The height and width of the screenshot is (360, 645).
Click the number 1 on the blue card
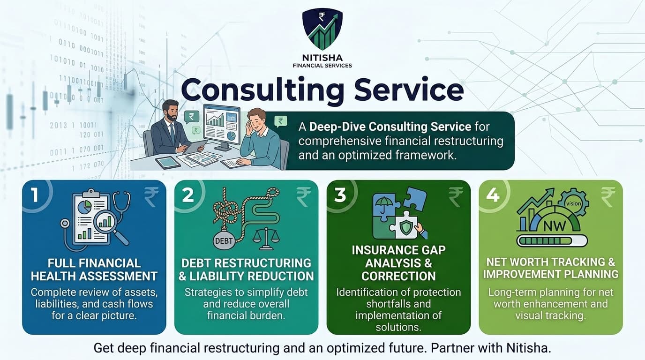click(35, 195)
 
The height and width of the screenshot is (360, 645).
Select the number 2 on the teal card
click(187, 195)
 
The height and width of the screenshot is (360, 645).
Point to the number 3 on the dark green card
click(340, 195)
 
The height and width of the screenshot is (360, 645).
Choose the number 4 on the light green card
click(492, 195)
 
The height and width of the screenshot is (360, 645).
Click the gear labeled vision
click(572, 203)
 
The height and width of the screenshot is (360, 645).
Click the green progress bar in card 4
click(551, 241)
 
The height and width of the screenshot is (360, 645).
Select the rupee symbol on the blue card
click(151, 197)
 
